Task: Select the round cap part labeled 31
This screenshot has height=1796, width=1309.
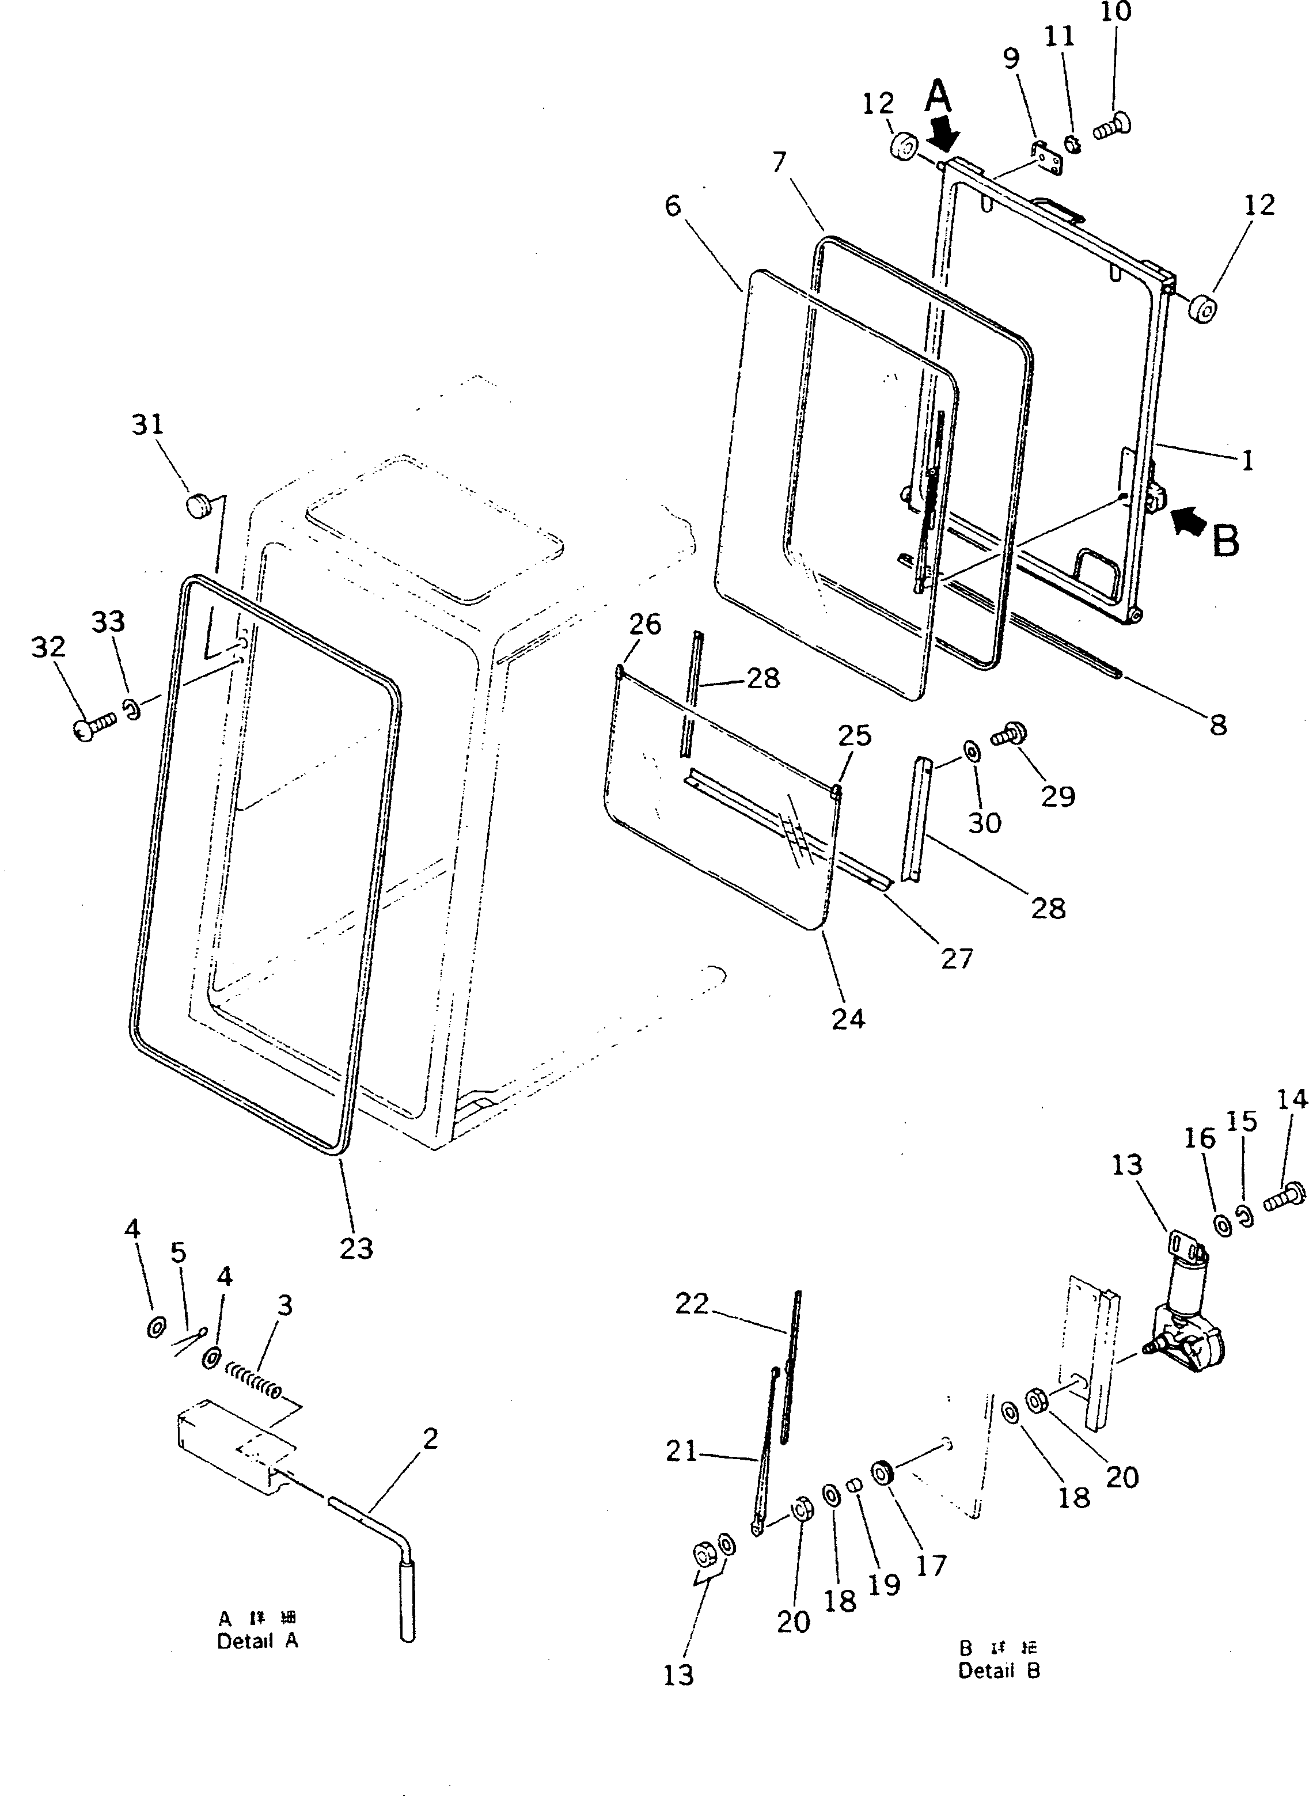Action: click(x=196, y=504)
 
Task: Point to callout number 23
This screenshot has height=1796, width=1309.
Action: click(x=356, y=1248)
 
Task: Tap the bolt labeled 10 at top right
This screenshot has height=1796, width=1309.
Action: click(x=1113, y=125)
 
